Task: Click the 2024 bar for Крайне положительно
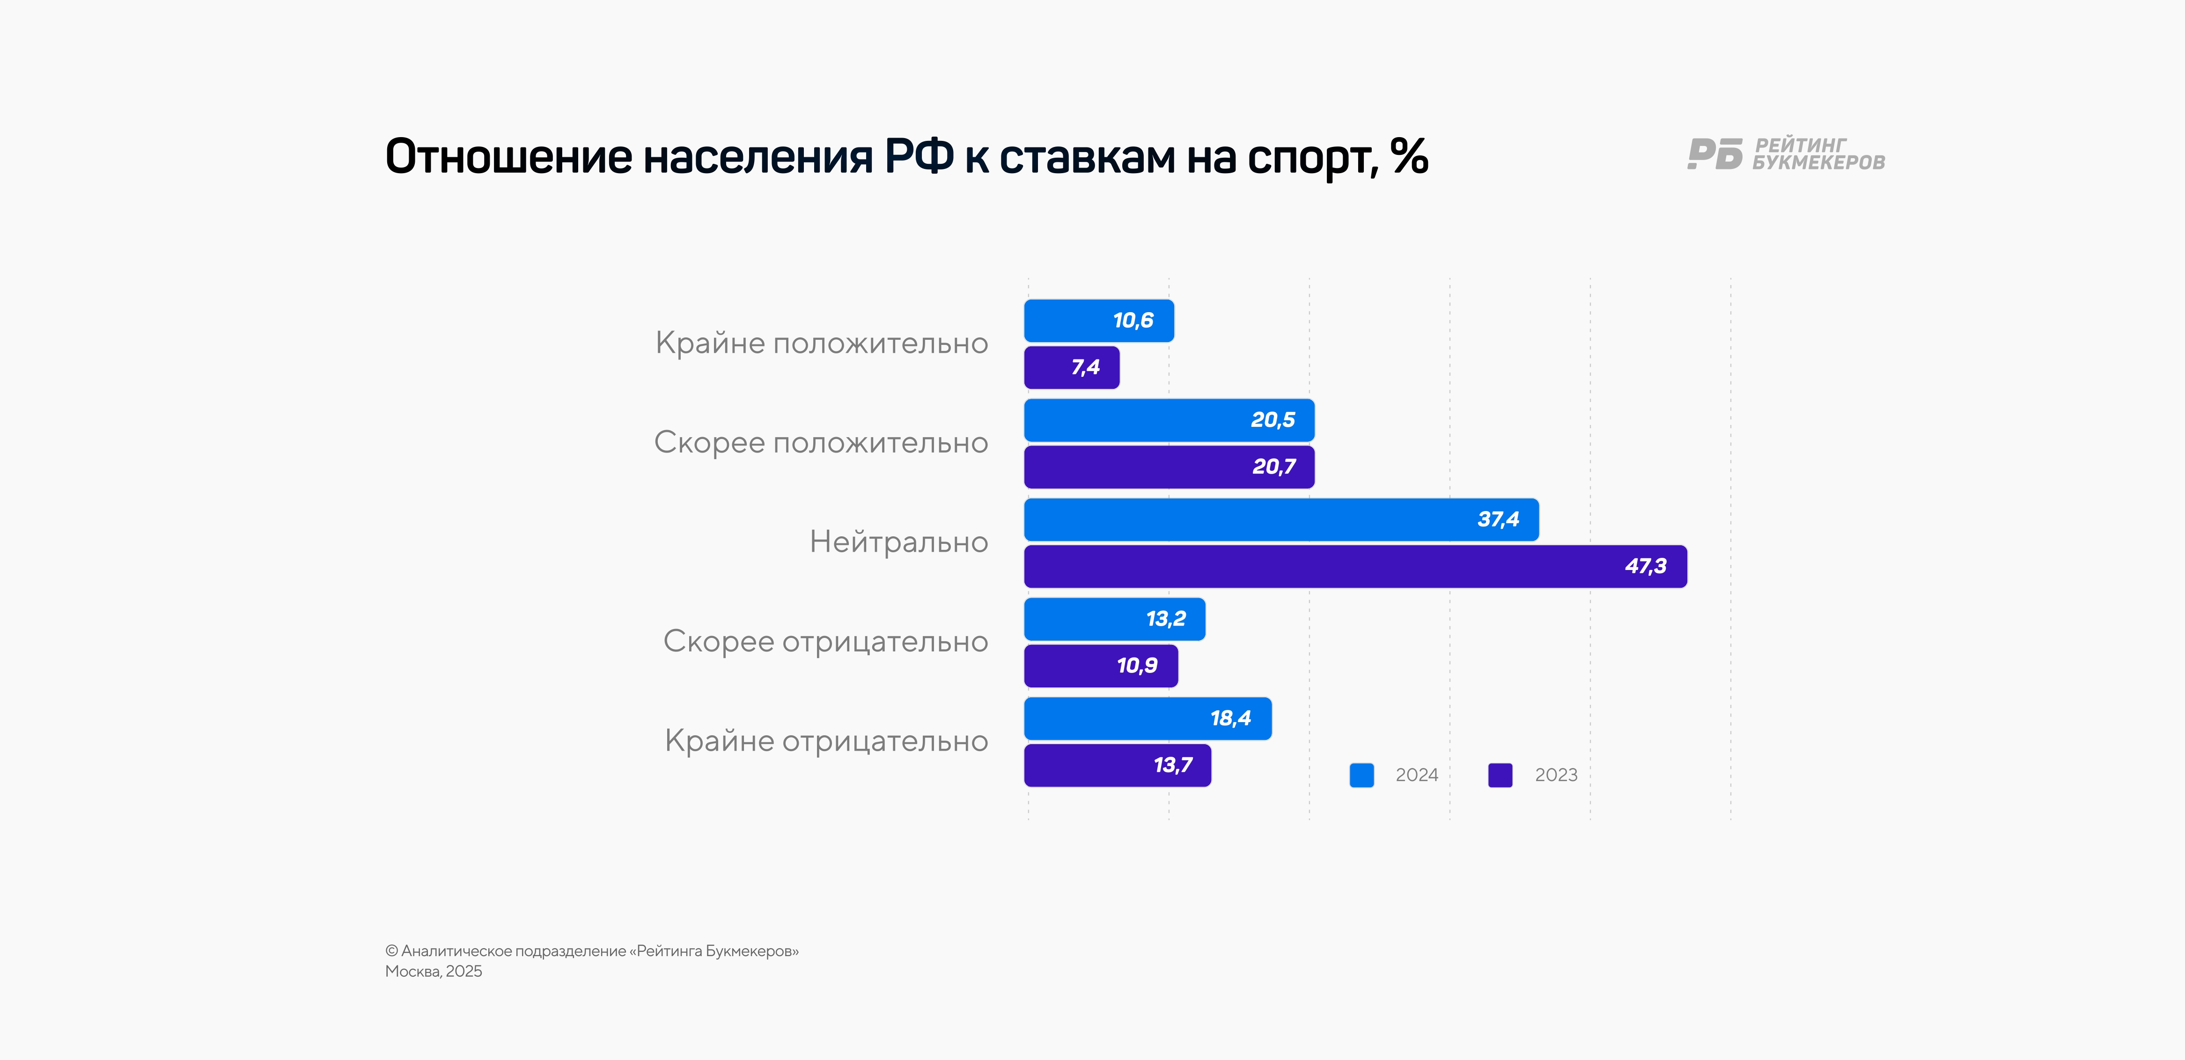click(x=1098, y=321)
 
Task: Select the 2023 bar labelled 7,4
click(x=1071, y=367)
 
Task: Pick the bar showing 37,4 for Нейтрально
click(x=1281, y=519)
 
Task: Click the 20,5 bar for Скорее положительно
click(x=1169, y=420)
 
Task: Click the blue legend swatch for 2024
click(x=1361, y=775)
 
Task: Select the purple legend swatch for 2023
click(x=1500, y=775)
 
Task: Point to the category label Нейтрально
click(x=898, y=542)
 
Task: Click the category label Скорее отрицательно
click(x=825, y=642)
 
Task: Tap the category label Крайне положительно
click(x=821, y=344)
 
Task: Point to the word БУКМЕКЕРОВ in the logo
click(x=1818, y=163)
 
